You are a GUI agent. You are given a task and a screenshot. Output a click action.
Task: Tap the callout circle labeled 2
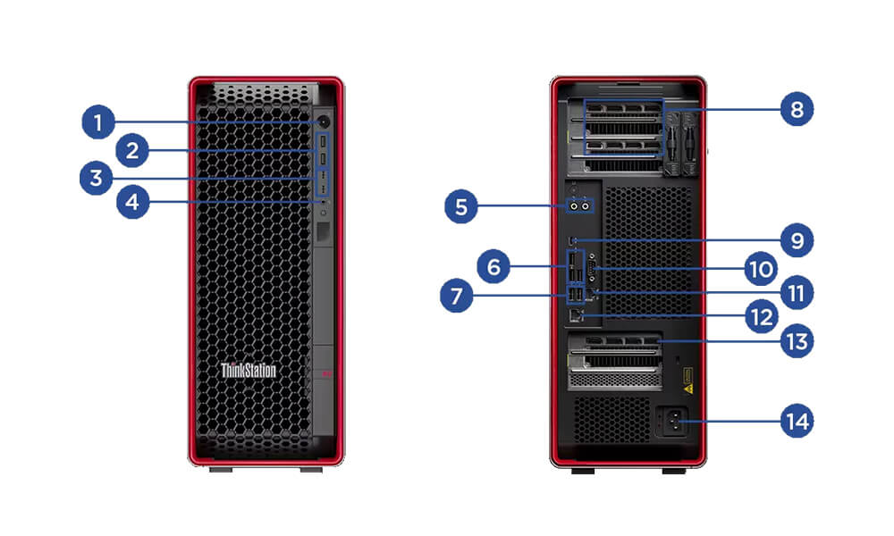coord(132,151)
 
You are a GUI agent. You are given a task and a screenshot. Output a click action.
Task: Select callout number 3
coord(97,178)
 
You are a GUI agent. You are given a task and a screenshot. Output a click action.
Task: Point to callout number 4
coord(133,203)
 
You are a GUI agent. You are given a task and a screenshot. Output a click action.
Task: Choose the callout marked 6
coord(493,265)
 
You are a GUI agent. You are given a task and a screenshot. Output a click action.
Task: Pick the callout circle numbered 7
coord(457,297)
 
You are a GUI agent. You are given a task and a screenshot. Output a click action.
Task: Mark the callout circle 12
coord(762,316)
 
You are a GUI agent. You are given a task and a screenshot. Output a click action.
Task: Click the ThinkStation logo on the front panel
coord(249,370)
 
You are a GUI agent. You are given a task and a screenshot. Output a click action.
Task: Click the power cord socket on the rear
coord(671,420)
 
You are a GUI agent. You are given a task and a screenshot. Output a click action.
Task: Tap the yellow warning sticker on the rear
coord(687,389)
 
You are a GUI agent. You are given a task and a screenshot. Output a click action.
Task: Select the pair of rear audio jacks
coord(580,205)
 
